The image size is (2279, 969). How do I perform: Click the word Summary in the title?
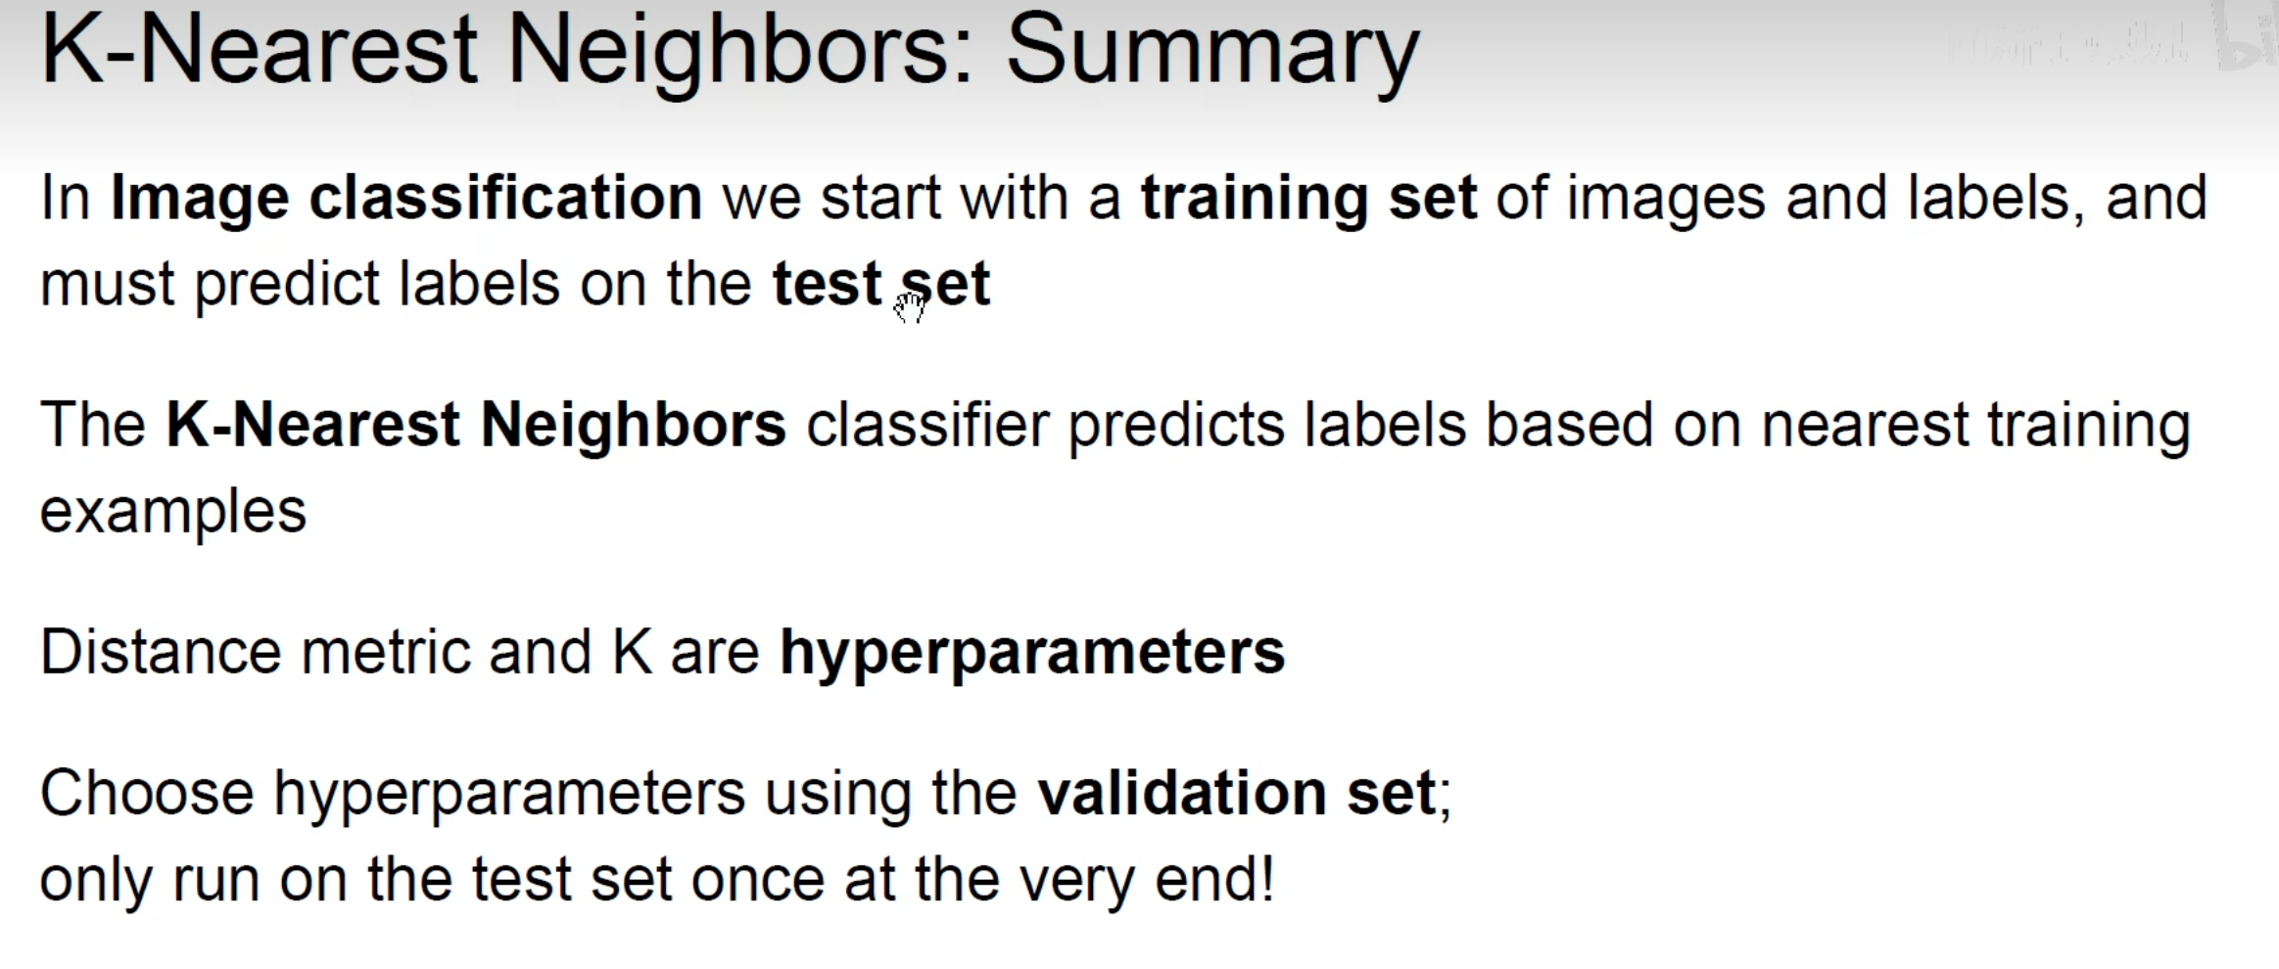1212,54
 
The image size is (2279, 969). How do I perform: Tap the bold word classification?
505,198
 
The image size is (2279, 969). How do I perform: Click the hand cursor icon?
910,306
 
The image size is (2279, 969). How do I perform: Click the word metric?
386,652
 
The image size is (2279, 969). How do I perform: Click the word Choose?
147,792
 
